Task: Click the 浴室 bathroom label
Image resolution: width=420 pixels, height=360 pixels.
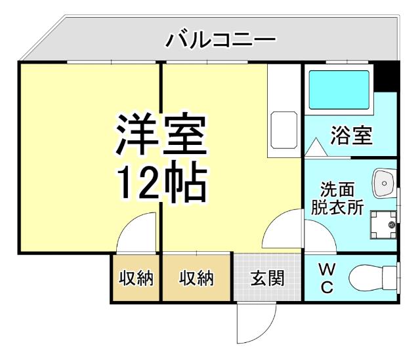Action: (350, 136)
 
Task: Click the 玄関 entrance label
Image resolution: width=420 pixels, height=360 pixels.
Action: (268, 278)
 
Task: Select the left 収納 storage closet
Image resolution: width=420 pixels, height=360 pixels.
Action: (136, 278)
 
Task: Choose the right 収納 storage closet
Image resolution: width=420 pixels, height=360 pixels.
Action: (196, 278)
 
